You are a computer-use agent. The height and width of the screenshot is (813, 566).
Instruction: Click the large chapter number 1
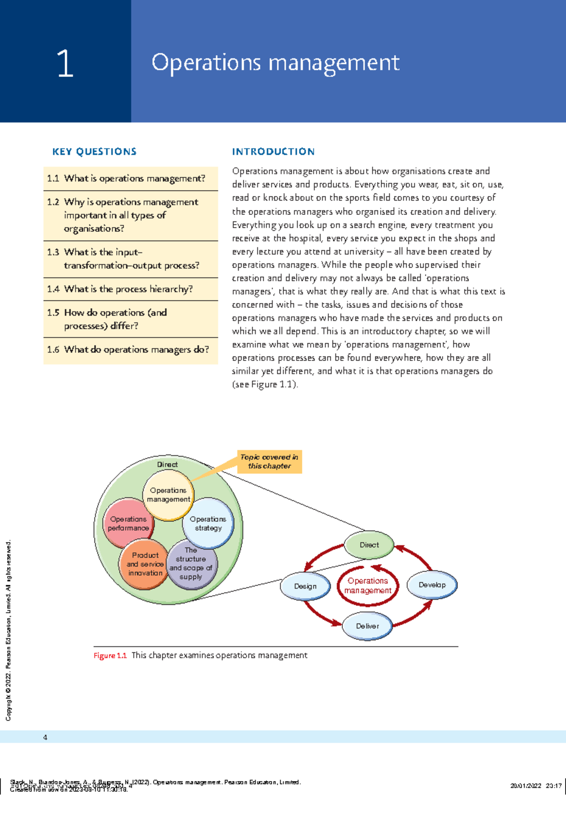[x=65, y=63]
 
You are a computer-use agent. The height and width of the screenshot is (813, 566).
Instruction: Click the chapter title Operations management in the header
[x=275, y=63]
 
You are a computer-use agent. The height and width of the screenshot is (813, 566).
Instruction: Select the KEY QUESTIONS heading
[x=94, y=152]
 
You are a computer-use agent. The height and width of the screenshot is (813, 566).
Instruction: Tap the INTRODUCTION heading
[x=273, y=152]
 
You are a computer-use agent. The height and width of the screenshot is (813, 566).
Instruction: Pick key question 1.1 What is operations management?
[x=126, y=178]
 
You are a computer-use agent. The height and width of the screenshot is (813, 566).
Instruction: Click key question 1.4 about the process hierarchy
[x=120, y=289]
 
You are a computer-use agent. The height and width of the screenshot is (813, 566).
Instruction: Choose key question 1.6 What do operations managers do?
[x=128, y=349]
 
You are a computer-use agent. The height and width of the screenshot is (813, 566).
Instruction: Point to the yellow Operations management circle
[x=168, y=495]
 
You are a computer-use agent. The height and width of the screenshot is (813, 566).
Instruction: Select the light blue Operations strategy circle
[x=208, y=523]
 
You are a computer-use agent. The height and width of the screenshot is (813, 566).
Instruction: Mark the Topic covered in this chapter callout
[x=269, y=461]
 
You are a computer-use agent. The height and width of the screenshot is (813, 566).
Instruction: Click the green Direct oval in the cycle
[x=369, y=545]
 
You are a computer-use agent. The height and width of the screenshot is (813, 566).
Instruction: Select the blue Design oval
[x=305, y=586]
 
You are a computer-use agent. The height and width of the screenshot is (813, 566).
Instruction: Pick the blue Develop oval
[x=432, y=584]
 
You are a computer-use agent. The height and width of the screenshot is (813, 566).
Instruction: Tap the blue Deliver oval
[x=367, y=626]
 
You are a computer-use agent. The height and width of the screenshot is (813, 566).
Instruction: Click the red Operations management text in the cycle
[x=368, y=585]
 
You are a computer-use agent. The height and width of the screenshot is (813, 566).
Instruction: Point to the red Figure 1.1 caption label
[x=110, y=655]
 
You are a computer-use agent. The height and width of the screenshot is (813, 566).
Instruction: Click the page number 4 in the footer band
[x=45, y=737]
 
